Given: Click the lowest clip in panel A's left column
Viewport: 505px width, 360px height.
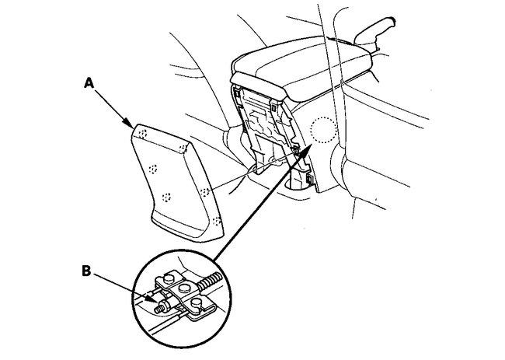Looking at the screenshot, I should (x=165, y=197).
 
